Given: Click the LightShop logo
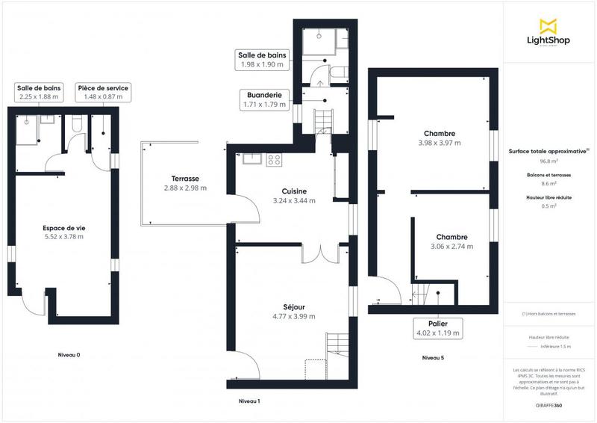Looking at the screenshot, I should [x=548, y=34].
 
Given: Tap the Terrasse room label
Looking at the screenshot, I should [x=184, y=179].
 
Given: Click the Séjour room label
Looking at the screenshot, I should [x=293, y=306].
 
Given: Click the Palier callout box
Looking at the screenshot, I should [x=437, y=327].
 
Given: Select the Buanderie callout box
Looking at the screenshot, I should [x=264, y=100].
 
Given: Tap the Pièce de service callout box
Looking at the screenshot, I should [x=103, y=92].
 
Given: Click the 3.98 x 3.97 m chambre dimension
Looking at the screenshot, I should [x=439, y=143].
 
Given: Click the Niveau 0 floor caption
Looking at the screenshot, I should [x=69, y=355].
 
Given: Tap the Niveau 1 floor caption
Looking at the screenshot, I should [x=249, y=401].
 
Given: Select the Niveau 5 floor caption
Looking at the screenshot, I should [x=433, y=358].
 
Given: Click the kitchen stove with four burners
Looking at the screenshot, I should [x=274, y=159].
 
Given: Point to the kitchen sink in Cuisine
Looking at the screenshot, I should [x=251, y=158].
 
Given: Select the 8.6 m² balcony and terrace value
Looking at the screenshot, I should [x=549, y=183].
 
